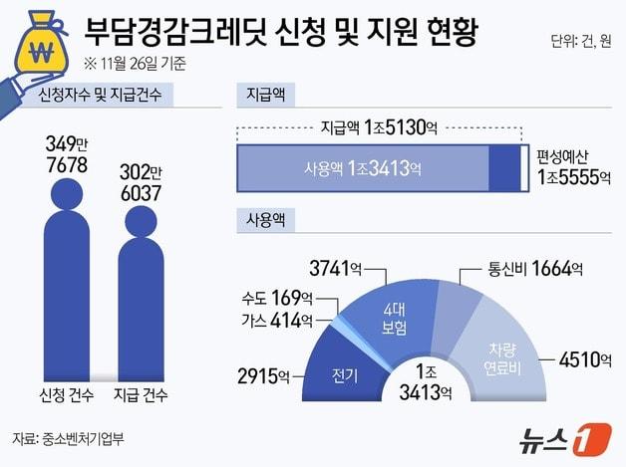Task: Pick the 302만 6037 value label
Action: [x=141, y=183]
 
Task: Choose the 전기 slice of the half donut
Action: [x=345, y=374]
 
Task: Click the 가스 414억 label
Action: [x=276, y=320]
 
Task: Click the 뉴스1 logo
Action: [x=564, y=436]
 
